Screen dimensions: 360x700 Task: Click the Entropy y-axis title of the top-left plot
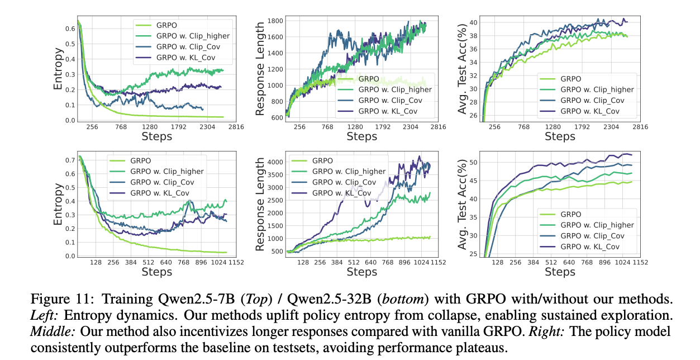click(x=58, y=70)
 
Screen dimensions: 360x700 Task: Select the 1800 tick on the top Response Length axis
click(x=275, y=21)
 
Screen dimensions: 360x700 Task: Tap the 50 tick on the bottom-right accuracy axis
click(x=473, y=162)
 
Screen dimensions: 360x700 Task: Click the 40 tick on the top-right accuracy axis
click(x=473, y=23)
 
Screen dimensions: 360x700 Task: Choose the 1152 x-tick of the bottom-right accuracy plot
click(x=640, y=262)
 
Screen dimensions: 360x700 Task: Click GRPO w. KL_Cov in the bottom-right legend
click(x=592, y=247)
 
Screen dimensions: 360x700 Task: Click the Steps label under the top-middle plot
click(x=361, y=136)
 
